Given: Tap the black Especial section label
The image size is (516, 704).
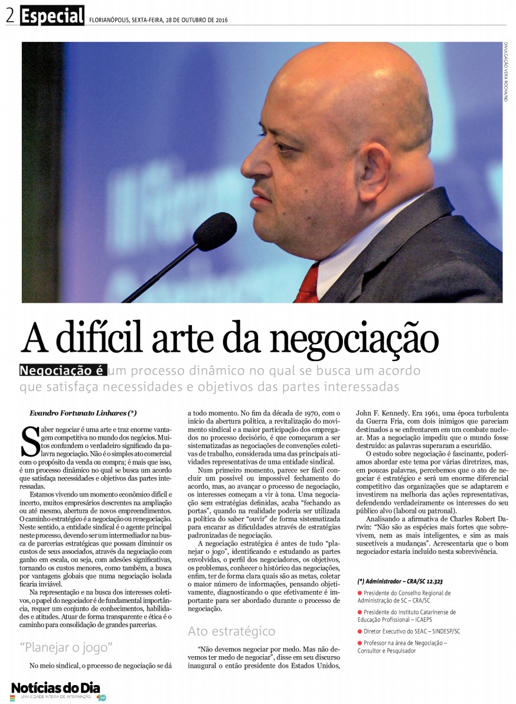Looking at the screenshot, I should [52, 16].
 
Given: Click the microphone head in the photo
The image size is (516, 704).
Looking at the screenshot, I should [214, 231].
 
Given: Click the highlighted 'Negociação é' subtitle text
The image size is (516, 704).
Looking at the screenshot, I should [63, 371].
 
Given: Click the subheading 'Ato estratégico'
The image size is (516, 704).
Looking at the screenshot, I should [231, 631].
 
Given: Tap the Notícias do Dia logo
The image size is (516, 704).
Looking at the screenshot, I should [55, 689].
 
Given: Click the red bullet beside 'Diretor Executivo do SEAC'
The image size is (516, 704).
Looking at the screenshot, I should [360, 631].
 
